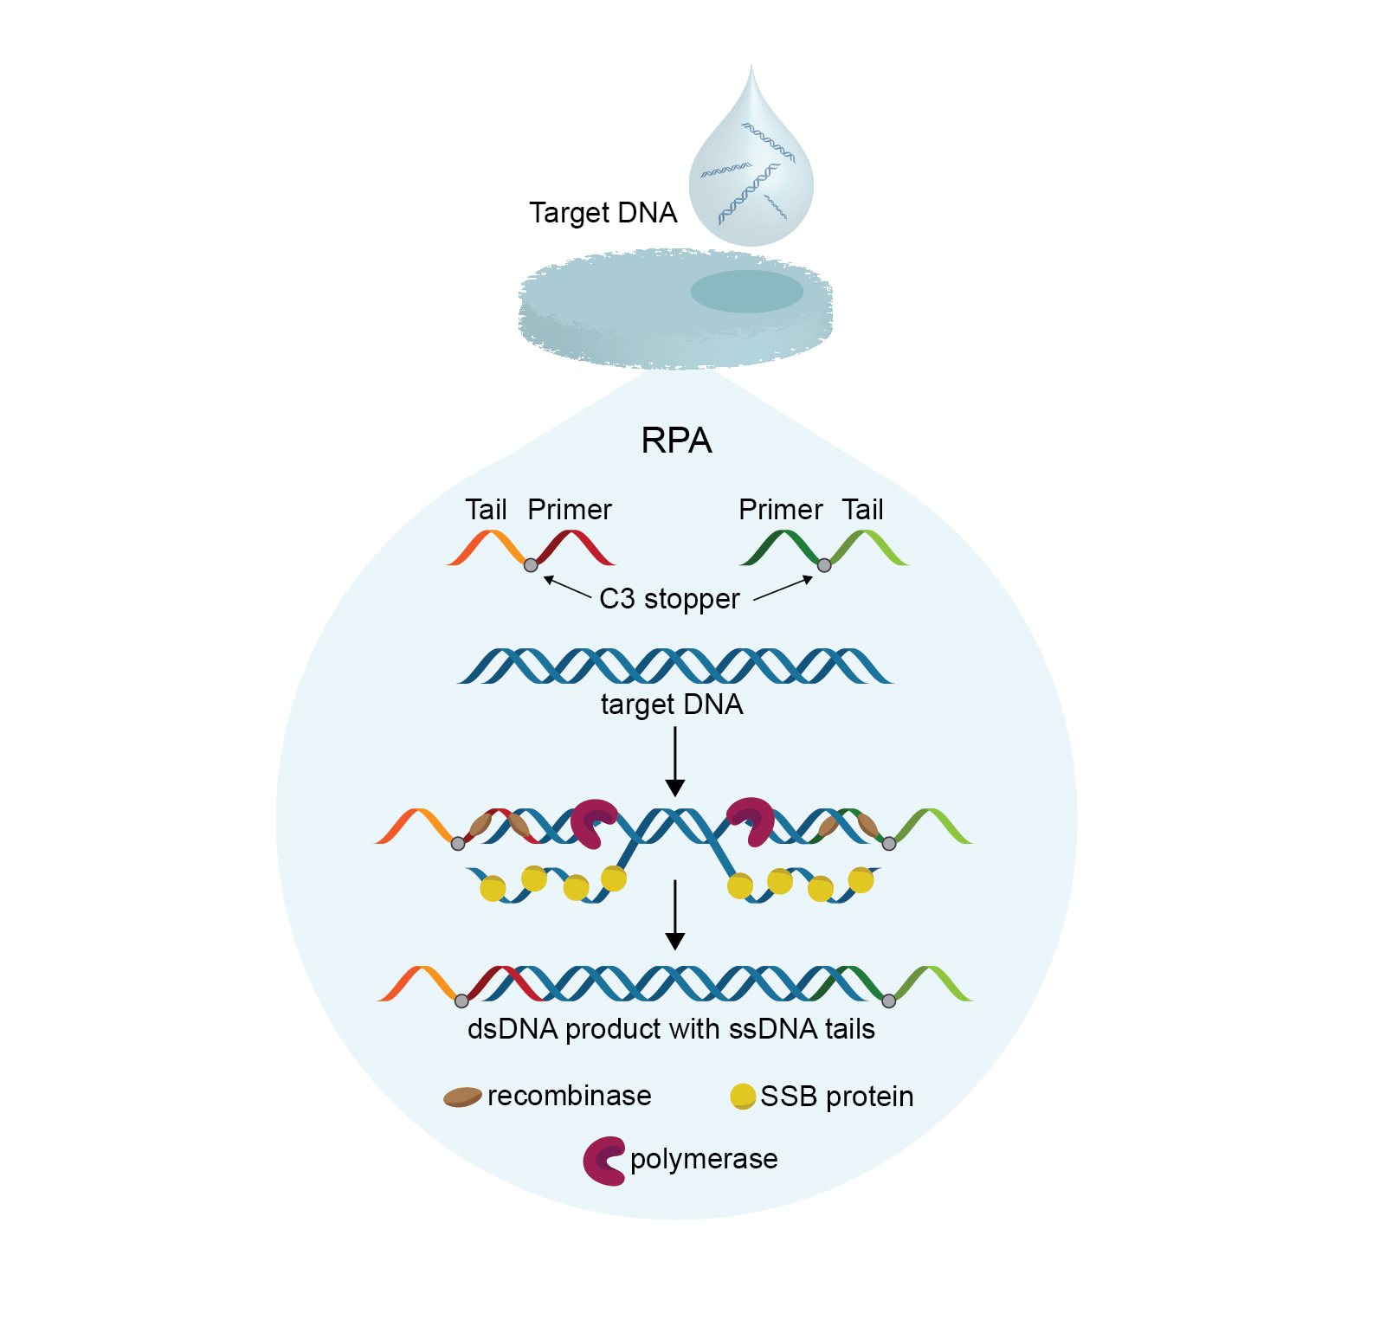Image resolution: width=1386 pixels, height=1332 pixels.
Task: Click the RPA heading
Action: [676, 441]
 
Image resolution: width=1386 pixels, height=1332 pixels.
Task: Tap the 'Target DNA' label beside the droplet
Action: [603, 213]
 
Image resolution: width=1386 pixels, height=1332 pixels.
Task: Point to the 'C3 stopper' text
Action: [669, 599]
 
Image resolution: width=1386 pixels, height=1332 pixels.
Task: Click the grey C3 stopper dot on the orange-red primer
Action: [531, 565]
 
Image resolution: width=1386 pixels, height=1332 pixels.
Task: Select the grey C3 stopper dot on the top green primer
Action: [824, 565]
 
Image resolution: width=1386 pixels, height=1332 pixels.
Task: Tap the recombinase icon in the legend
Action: [462, 1097]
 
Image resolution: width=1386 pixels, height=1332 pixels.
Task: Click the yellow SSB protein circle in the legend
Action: [743, 1096]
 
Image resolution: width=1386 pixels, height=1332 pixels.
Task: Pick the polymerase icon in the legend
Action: [604, 1161]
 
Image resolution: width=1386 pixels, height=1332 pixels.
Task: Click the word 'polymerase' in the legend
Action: [704, 1159]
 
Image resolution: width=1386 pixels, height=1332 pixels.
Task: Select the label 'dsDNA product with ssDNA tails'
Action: [671, 1029]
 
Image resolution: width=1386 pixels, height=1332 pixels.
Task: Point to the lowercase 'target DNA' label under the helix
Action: [672, 705]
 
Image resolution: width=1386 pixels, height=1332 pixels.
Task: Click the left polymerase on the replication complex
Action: [594, 821]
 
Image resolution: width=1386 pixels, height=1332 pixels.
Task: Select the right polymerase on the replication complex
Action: [751, 820]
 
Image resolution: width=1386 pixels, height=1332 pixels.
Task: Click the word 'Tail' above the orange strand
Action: [486, 510]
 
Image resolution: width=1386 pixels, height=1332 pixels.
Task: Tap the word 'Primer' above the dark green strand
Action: [780, 510]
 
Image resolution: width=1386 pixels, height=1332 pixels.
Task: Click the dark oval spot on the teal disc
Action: [746, 292]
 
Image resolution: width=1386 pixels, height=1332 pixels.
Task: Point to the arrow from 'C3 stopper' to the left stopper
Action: [567, 587]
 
